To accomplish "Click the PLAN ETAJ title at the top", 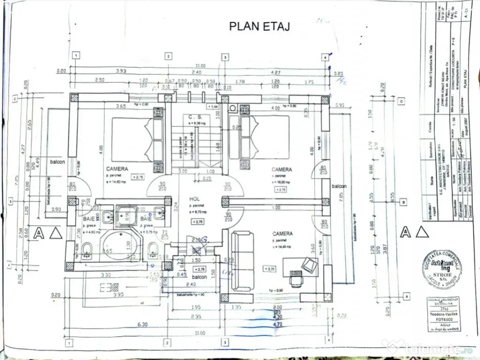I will click(259, 26).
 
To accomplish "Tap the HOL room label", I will click(195, 199).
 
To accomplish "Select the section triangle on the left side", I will click(55, 232).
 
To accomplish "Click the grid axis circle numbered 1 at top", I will click(75, 56).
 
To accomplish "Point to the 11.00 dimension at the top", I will click(201, 66).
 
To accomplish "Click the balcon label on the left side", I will click(59, 162).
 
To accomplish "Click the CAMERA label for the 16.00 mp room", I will click(281, 169).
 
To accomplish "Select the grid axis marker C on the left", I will click(15, 99).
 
